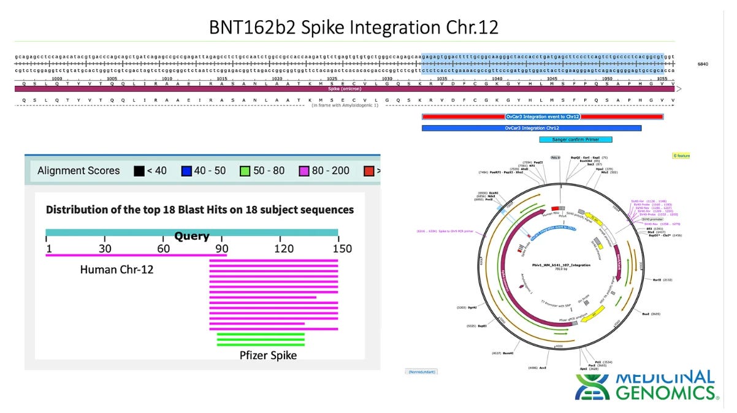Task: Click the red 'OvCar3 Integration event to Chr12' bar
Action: pyautogui.click(x=542, y=116)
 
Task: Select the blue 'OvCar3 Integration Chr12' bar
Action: pyautogui.click(x=531, y=128)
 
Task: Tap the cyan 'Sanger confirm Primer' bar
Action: pyautogui.click(x=575, y=140)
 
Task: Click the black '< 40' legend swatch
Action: pyautogui.click(x=139, y=170)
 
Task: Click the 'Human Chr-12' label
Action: pyautogui.click(x=116, y=269)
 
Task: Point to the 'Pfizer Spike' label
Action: pyautogui.click(x=268, y=355)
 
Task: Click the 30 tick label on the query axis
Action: pyautogui.click(x=105, y=248)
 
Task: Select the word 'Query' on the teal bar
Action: pyautogui.click(x=192, y=236)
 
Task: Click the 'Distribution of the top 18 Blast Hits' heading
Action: pyautogui.click(x=199, y=210)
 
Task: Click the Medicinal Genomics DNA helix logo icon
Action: pyautogui.click(x=593, y=386)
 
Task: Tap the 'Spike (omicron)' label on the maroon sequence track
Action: pyautogui.click(x=347, y=89)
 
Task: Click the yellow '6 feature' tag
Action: pyautogui.click(x=681, y=156)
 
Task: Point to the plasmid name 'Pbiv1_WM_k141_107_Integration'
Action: pyautogui.click(x=556, y=264)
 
